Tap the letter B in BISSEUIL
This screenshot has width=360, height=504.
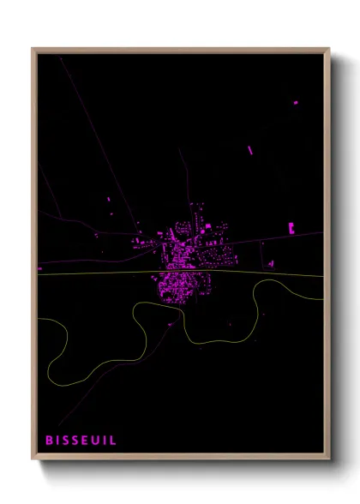50,440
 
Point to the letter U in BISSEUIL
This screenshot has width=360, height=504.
95,440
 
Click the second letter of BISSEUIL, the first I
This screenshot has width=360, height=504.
57,440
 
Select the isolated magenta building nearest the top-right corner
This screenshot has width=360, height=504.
296,103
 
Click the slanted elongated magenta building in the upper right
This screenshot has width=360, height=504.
250,150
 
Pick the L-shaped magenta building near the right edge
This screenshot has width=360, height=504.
292,228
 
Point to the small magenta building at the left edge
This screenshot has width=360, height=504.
39,269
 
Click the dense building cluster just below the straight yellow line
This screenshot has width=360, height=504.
178,287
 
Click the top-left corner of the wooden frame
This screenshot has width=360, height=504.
33,49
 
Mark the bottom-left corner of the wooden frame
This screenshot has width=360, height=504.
33,459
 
